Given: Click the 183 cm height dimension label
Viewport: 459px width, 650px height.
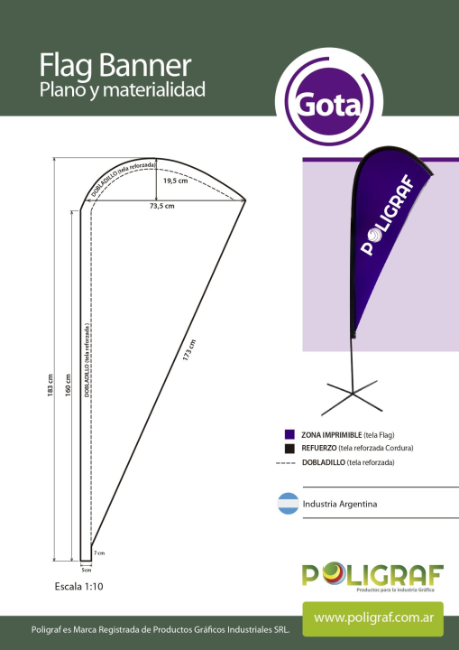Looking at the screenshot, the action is coord(50,386).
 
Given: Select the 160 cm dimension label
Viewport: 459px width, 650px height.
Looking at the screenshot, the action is coord(68,385).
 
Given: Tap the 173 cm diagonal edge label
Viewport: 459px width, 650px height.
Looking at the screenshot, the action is coord(188,350).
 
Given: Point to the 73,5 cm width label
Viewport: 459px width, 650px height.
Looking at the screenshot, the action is coord(162,206).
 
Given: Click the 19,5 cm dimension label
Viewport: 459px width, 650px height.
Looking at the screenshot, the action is coord(175,181).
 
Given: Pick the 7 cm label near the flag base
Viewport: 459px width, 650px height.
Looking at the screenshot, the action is coord(99,553).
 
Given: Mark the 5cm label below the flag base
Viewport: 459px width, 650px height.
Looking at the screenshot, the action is coord(87,570).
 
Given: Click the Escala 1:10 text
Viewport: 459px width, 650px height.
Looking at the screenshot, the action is coord(78,587).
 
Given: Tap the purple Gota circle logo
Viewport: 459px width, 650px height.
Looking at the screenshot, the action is coord(330,101).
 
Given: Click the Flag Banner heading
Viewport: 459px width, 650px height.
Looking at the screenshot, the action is coord(115,65).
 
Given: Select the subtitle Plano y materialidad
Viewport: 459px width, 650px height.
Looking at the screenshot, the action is coord(123,90).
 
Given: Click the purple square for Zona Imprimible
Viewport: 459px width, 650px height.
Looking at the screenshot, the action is coord(289,434).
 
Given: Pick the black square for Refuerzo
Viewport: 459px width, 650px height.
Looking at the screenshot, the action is coord(289,448).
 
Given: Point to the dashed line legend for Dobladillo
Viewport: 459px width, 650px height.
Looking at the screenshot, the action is coord(286,462).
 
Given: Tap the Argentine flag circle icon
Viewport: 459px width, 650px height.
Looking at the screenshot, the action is coord(289,504).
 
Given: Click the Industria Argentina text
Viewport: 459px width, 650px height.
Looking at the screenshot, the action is coord(340,504).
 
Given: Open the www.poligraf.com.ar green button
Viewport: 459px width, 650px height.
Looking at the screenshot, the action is coord(372,619).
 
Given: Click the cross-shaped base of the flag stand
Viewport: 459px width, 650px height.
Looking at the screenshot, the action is coord(352,397).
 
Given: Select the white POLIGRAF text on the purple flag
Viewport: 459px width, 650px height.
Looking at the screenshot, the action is coord(388,215).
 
